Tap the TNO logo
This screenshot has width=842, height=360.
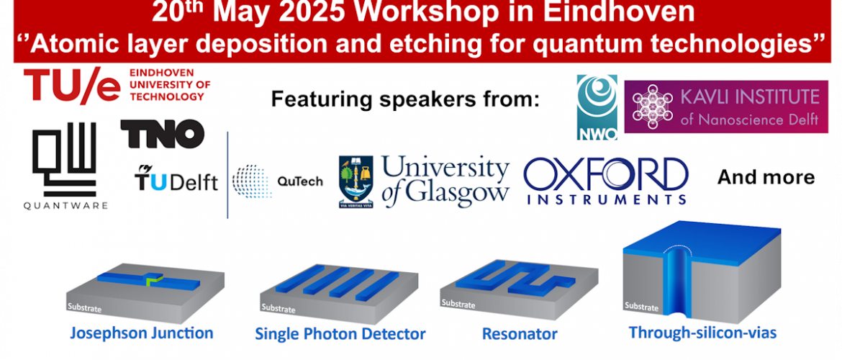(x=162, y=134)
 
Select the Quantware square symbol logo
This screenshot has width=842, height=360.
(x=65, y=159)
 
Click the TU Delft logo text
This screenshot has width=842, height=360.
(x=176, y=179)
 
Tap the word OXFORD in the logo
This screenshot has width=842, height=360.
(x=606, y=175)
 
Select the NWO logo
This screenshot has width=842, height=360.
(x=597, y=107)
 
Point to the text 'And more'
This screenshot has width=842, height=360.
(x=766, y=177)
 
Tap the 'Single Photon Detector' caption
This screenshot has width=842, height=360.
(x=340, y=333)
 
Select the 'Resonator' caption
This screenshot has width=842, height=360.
(x=520, y=333)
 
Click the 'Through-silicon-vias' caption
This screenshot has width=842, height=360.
(x=703, y=333)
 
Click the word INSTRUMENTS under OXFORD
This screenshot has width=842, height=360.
(x=606, y=200)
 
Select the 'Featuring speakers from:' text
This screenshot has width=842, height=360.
(x=404, y=99)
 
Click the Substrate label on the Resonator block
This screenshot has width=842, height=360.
(x=458, y=304)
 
